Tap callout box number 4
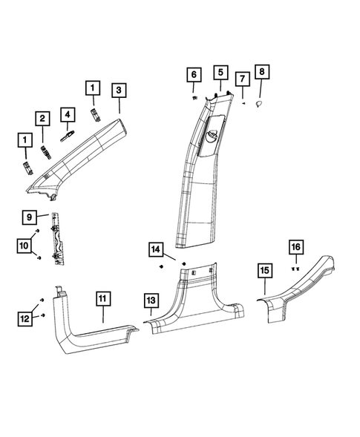click(x=68, y=115)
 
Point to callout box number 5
click(x=220, y=72)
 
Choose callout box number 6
click(x=193, y=75)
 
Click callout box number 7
click(x=242, y=79)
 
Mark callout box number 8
click(x=262, y=72)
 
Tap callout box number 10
click(x=24, y=243)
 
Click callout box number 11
click(x=103, y=300)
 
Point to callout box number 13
click(x=151, y=300)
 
